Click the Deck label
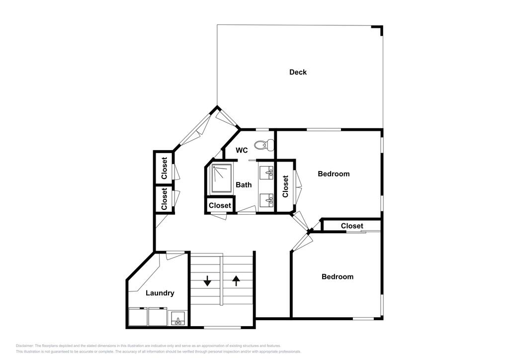click(x=298, y=72)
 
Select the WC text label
click(x=242, y=150)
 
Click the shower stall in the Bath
click(x=222, y=179)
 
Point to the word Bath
click(x=244, y=184)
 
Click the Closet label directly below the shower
click(x=220, y=205)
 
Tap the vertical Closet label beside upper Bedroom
click(x=285, y=186)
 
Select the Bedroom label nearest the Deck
click(x=334, y=174)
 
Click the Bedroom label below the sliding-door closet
click(x=337, y=276)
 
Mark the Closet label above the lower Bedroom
click(x=352, y=226)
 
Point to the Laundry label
click(x=160, y=293)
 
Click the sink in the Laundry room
click(x=177, y=319)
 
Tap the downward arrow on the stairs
click(x=207, y=281)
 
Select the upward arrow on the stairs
click(x=236, y=281)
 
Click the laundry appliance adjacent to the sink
click(x=158, y=317)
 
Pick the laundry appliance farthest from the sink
click(x=137, y=317)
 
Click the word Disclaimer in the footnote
click(x=24, y=346)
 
